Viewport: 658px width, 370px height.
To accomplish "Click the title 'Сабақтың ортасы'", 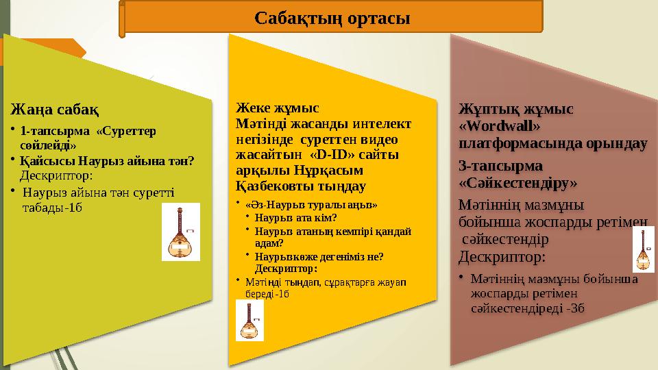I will pyautogui.click(x=332, y=18).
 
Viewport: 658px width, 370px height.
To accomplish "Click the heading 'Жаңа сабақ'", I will pyautogui.click(x=53, y=110).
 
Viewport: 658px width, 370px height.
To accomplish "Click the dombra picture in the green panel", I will pyautogui.click(x=181, y=232).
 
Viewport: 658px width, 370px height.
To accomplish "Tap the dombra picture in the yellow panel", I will pyautogui.click(x=249, y=321).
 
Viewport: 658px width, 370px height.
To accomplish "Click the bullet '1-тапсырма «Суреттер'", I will pyautogui.click(x=88, y=130).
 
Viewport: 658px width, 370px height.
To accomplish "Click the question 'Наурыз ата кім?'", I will pyautogui.click(x=295, y=218).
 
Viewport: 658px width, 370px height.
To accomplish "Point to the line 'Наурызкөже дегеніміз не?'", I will pyautogui.click(x=319, y=256).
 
